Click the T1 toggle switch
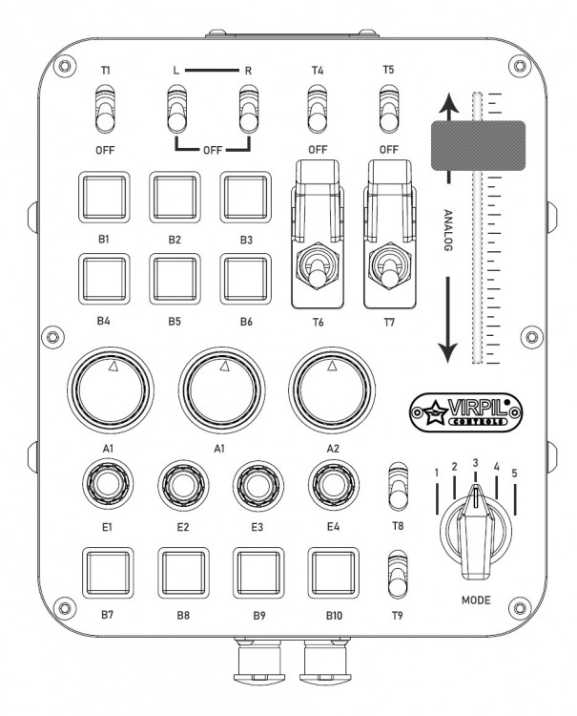[106, 110]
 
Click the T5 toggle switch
[388, 110]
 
